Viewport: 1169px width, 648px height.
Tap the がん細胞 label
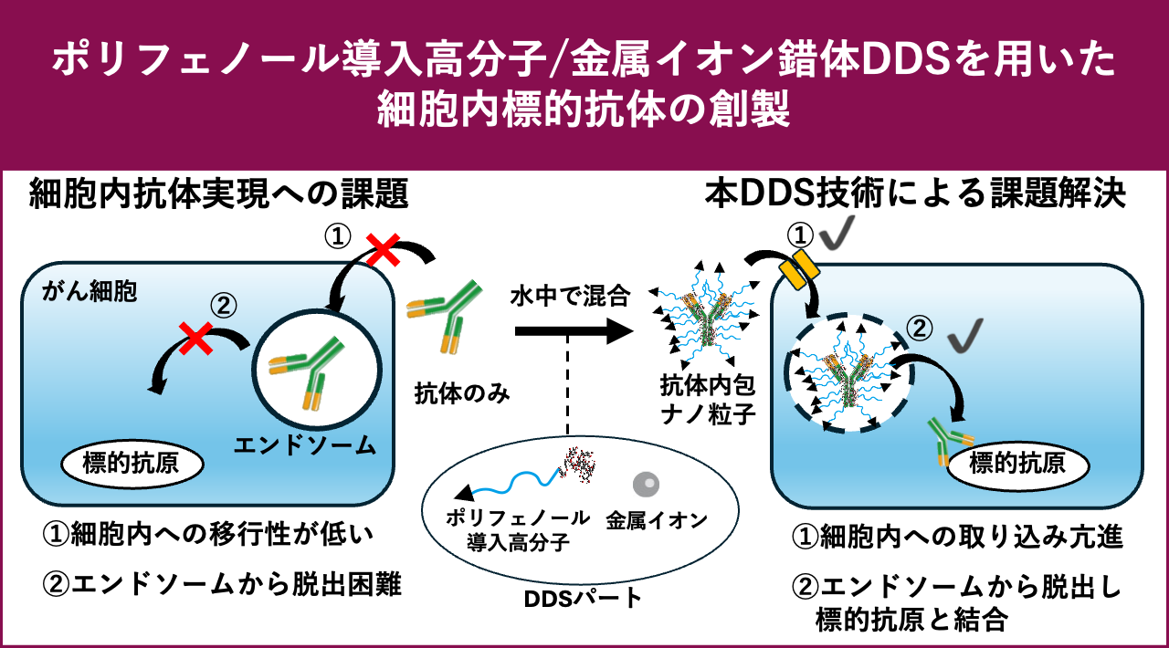pos(89,293)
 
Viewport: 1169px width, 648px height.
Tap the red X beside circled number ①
pos(382,246)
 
